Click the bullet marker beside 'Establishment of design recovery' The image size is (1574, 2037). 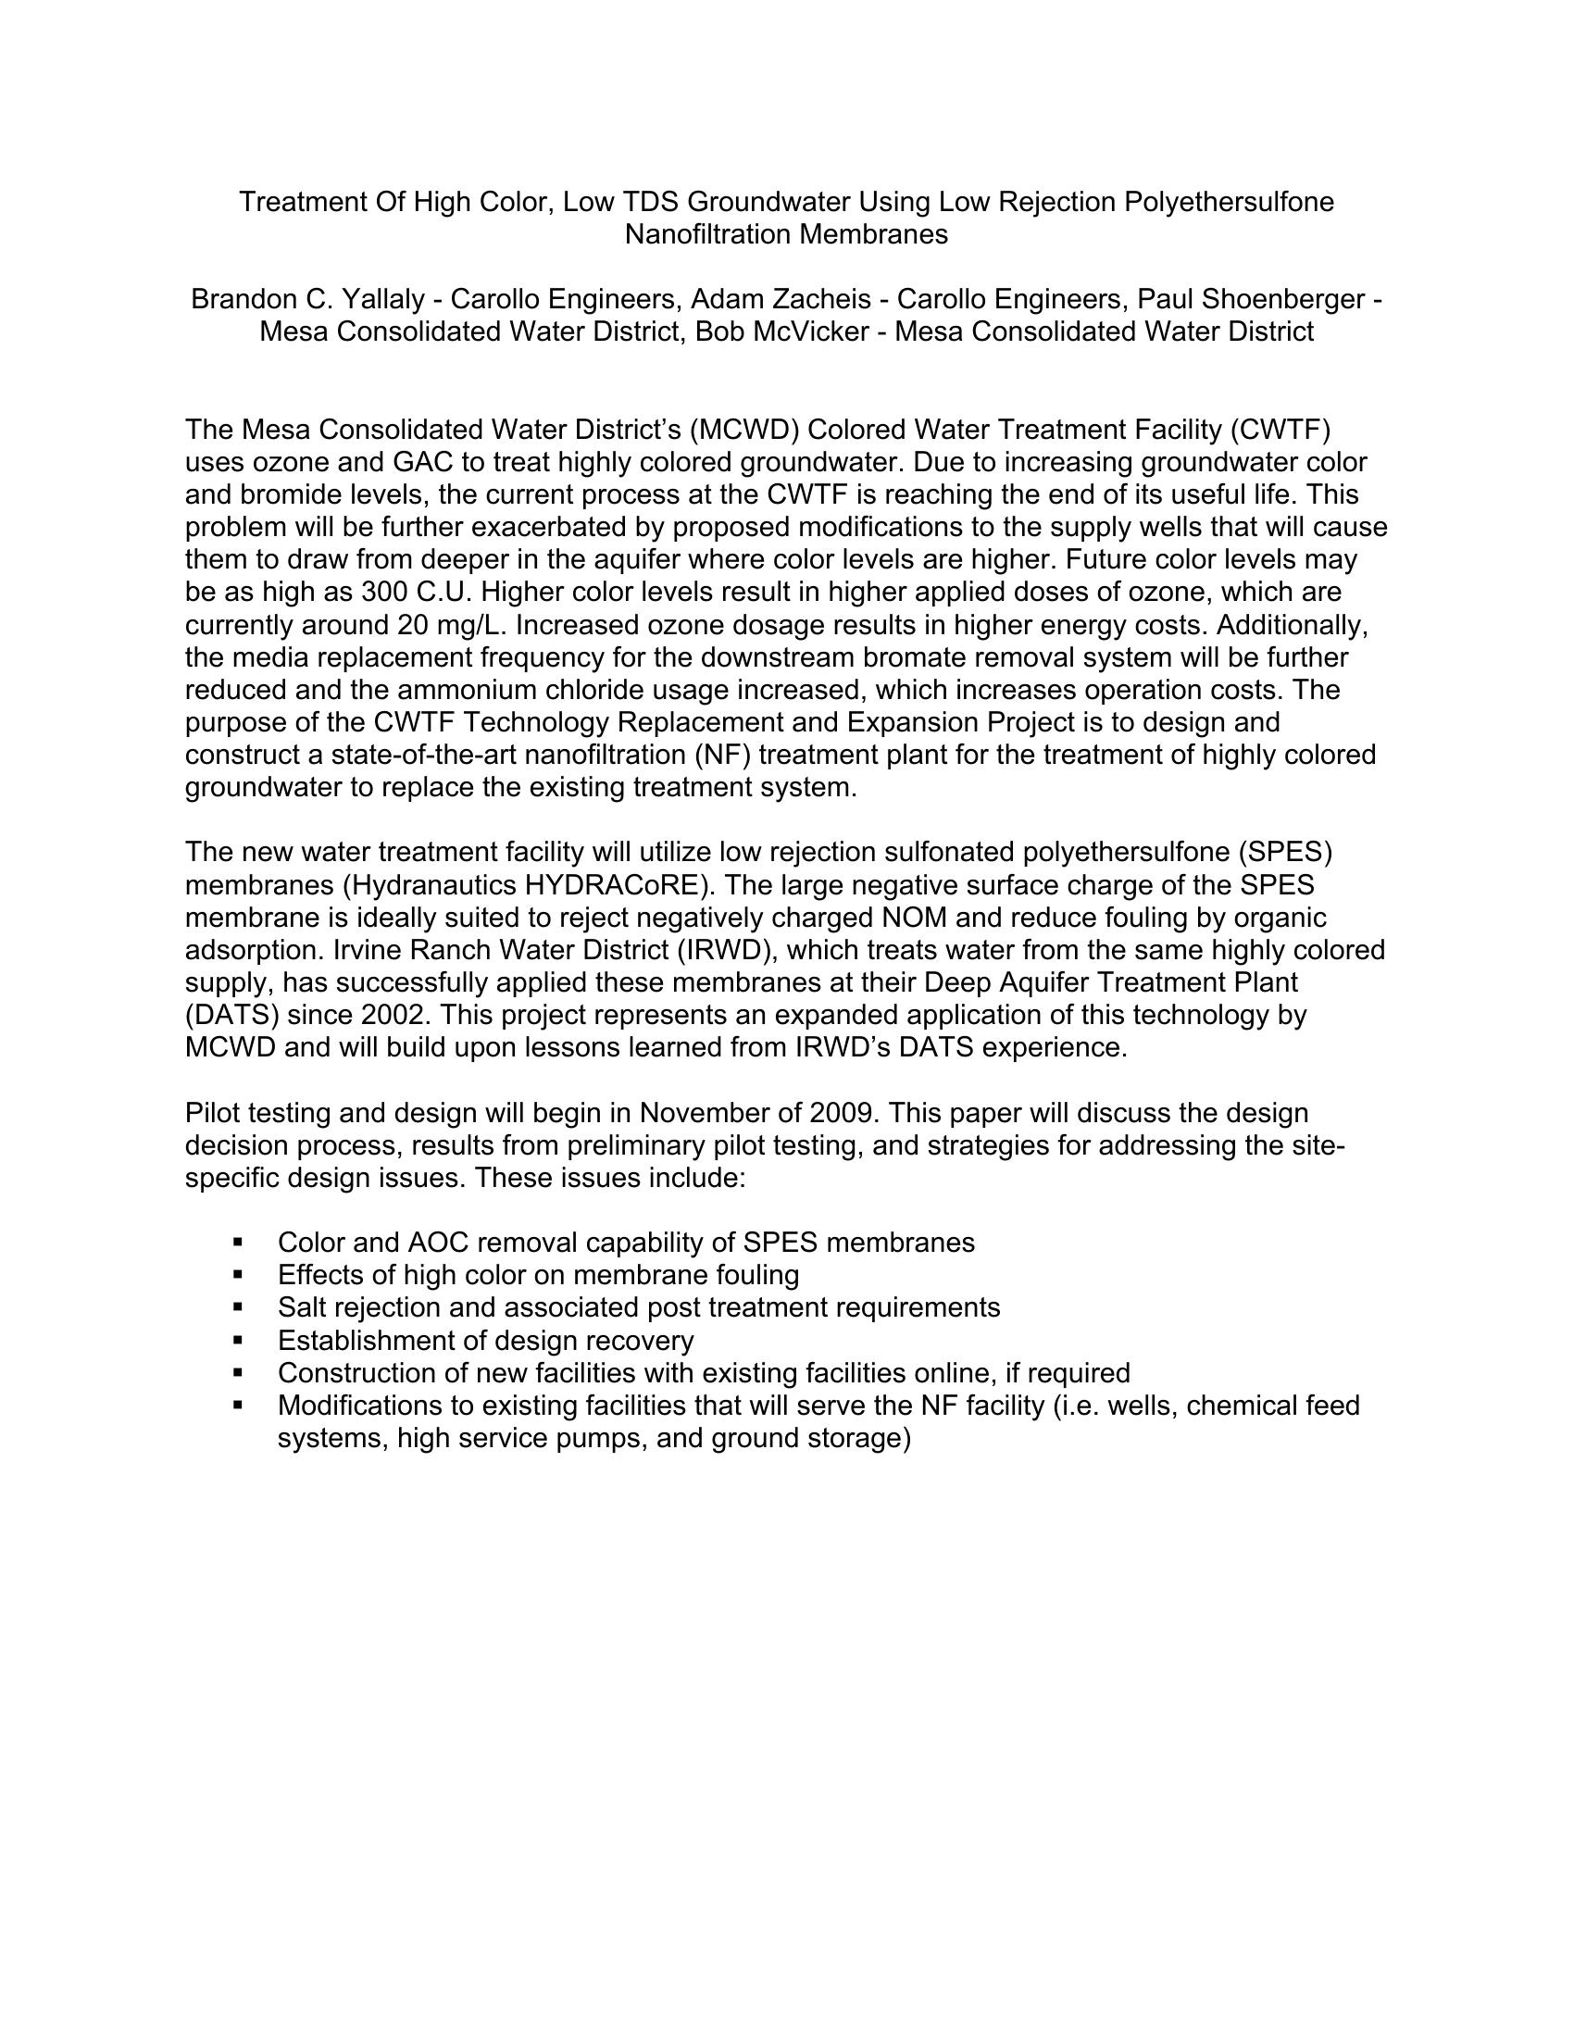pyautogui.click(x=239, y=1341)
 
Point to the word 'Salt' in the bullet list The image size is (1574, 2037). pyautogui.click(x=301, y=1307)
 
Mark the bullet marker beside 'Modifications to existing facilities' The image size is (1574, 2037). pyautogui.click(x=239, y=1405)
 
